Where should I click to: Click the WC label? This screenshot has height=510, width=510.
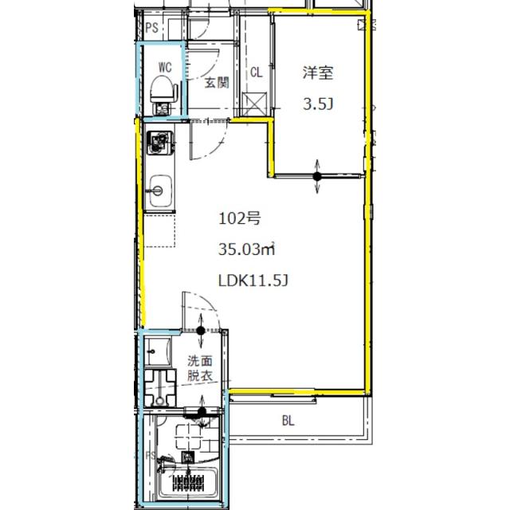[x=165, y=67]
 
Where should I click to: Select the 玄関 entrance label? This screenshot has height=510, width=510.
[x=217, y=83]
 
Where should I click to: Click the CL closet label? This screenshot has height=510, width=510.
[x=257, y=73]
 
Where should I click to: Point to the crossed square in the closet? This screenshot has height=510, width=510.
[x=254, y=104]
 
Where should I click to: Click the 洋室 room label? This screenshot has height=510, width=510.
[x=318, y=73]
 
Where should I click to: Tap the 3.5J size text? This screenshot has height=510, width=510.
[x=318, y=104]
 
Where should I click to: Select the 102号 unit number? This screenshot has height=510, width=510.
[x=239, y=218]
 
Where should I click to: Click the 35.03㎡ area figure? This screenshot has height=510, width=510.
[x=246, y=249]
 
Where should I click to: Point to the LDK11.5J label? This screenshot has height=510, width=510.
[x=253, y=280]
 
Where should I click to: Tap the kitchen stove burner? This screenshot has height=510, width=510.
[x=160, y=142]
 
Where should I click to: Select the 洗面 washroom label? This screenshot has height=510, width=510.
[x=200, y=361]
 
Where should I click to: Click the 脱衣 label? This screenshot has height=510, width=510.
[x=200, y=375]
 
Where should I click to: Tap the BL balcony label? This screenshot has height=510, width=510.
[x=288, y=422]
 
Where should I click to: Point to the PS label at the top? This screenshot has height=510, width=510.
[x=152, y=28]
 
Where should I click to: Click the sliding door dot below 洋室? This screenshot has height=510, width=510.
[x=317, y=177]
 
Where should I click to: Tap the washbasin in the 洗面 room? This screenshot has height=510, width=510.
[x=158, y=351]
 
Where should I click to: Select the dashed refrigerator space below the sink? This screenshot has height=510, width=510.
[x=159, y=230]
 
